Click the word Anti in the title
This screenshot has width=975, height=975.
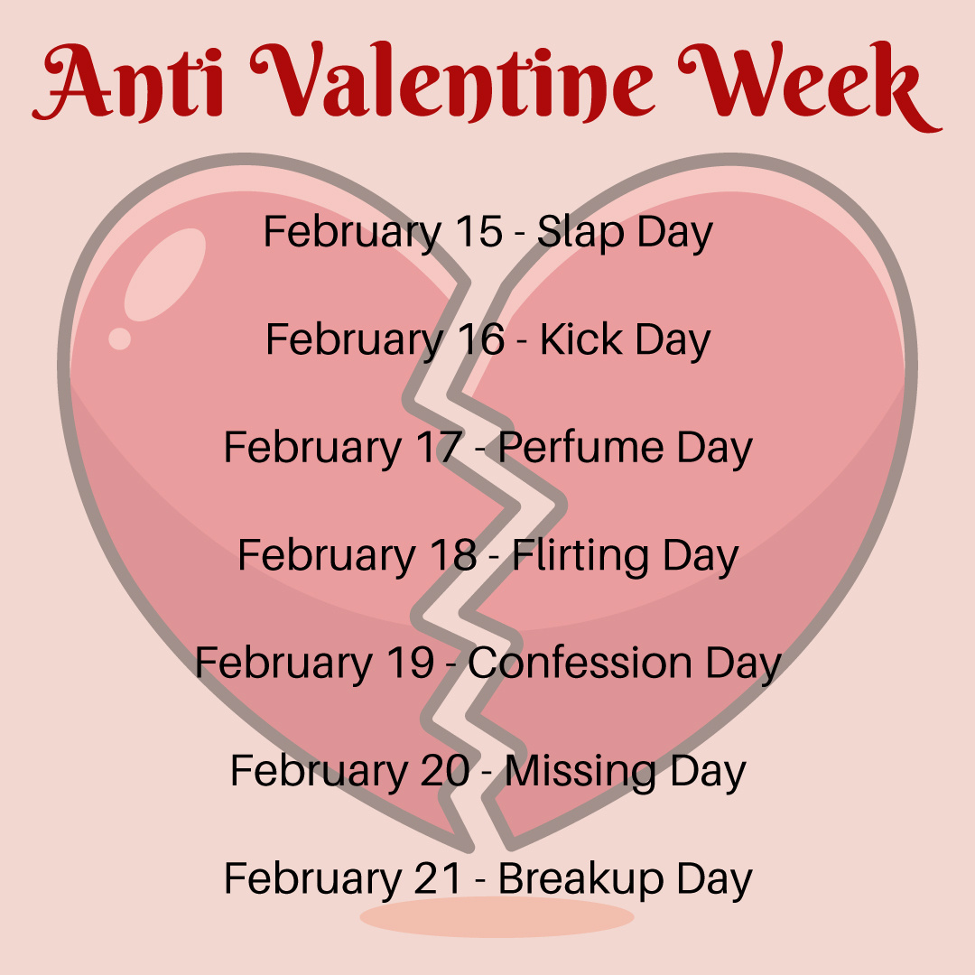click(x=128, y=81)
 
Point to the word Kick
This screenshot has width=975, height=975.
click(x=580, y=339)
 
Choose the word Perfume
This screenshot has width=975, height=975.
click(x=580, y=447)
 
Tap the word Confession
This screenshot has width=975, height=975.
click(x=580, y=663)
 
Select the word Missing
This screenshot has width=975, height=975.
click(x=580, y=772)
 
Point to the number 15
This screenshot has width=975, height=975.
click(x=478, y=231)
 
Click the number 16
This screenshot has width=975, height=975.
click(x=481, y=339)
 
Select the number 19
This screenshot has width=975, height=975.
click(x=411, y=663)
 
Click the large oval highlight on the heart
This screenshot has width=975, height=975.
click(x=165, y=274)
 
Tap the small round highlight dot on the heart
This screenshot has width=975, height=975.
click(x=119, y=339)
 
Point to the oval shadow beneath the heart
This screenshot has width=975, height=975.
click(x=497, y=917)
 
